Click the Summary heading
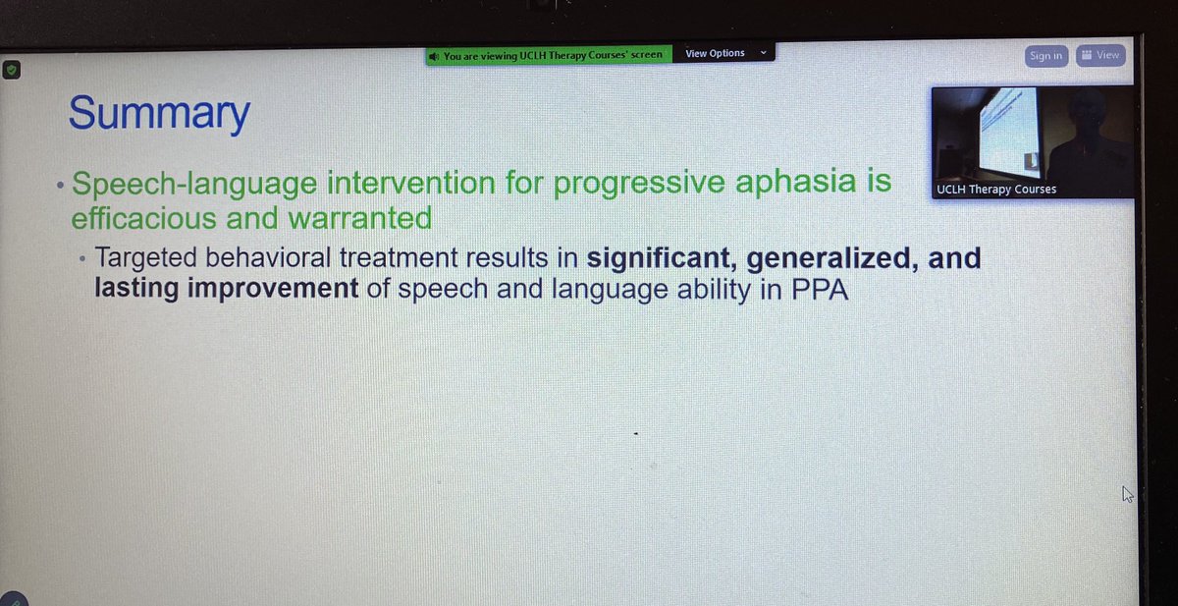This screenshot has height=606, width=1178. [x=158, y=114]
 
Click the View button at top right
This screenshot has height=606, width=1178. [x=1099, y=55]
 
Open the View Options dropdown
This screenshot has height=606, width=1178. [x=723, y=53]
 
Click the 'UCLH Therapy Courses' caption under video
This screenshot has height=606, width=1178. [x=996, y=189]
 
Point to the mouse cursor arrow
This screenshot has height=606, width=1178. [x=1128, y=494]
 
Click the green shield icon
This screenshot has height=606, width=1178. [x=11, y=71]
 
